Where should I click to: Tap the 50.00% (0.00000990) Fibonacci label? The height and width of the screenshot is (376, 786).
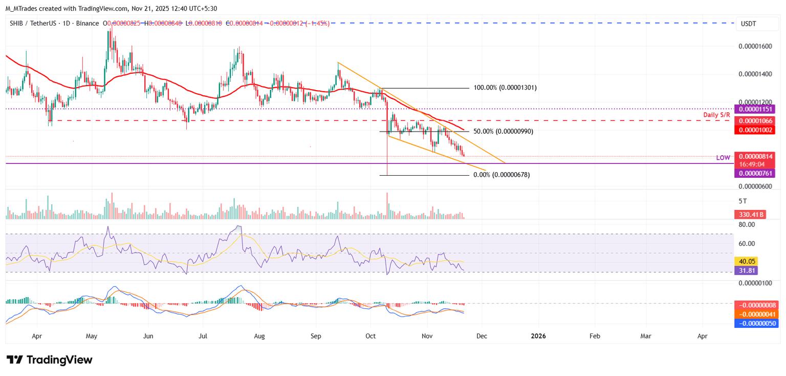tap(503, 132)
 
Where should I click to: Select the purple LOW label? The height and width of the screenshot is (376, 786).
tap(723, 158)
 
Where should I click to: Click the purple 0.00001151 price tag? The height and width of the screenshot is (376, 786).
tap(754, 109)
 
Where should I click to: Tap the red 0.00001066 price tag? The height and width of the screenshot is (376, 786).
tap(754, 121)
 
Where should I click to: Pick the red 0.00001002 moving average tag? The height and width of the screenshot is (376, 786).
tap(754, 130)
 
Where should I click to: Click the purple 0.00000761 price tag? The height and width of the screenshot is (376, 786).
tap(754, 174)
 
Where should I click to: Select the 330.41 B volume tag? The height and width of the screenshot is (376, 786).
tap(750, 215)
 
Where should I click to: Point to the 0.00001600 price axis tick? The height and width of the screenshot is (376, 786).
tap(755, 47)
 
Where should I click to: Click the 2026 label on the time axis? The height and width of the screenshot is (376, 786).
tap(538, 337)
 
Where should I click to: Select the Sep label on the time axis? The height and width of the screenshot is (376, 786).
tap(315, 337)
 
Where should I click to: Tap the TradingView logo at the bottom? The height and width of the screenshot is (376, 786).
tap(50, 360)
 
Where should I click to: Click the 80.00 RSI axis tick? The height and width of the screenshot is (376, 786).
tap(748, 224)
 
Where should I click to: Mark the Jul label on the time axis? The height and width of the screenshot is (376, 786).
tap(203, 337)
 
